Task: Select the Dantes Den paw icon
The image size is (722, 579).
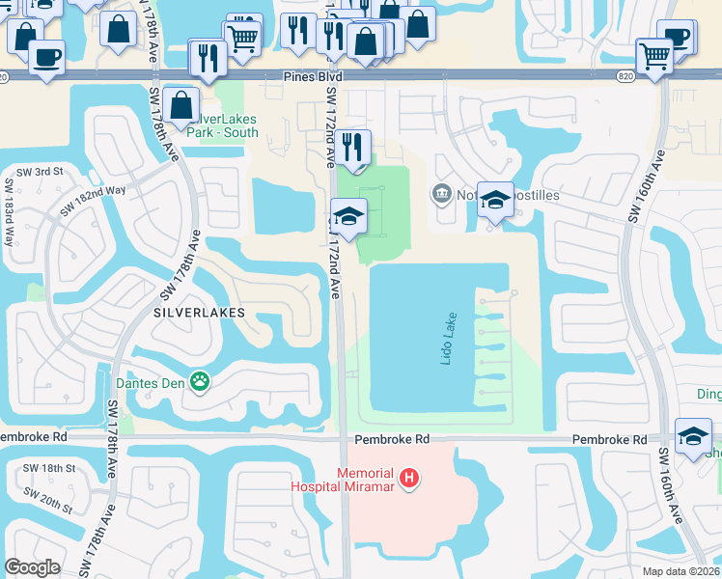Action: pyautogui.click(x=200, y=382)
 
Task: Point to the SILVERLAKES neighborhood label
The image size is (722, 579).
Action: pyautogui.click(x=200, y=314)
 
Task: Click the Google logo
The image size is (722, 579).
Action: pyautogui.click(x=32, y=567)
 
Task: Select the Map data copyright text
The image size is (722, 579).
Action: pyautogui.click(x=681, y=571)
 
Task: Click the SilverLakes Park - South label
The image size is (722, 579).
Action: pyautogui.click(x=222, y=125)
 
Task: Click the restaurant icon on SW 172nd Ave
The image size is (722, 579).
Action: pyautogui.click(x=354, y=148)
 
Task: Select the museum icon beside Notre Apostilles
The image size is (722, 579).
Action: pyautogui.click(x=442, y=194)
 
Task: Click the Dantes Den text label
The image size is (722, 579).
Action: pyautogui.click(x=153, y=382)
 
